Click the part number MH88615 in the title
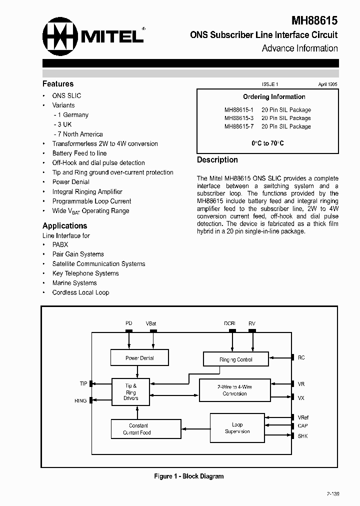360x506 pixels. [314, 20]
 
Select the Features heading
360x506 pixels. [58, 84]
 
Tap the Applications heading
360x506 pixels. [64, 225]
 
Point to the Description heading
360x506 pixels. [217, 160]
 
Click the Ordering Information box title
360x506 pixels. [274, 97]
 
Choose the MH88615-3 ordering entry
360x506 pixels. [267, 118]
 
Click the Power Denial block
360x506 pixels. [139, 358]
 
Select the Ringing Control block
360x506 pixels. [235, 359]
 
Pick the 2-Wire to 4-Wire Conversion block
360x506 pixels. [234, 390]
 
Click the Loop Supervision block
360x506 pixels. [237, 428]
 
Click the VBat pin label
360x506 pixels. [151, 323]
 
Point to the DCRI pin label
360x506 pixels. [229, 323]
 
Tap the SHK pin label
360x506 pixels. [302, 436]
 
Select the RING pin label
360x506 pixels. [80, 400]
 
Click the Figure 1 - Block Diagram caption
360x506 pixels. [188, 476]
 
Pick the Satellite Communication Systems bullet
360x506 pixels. [98, 264]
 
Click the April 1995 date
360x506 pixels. [327, 85]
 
